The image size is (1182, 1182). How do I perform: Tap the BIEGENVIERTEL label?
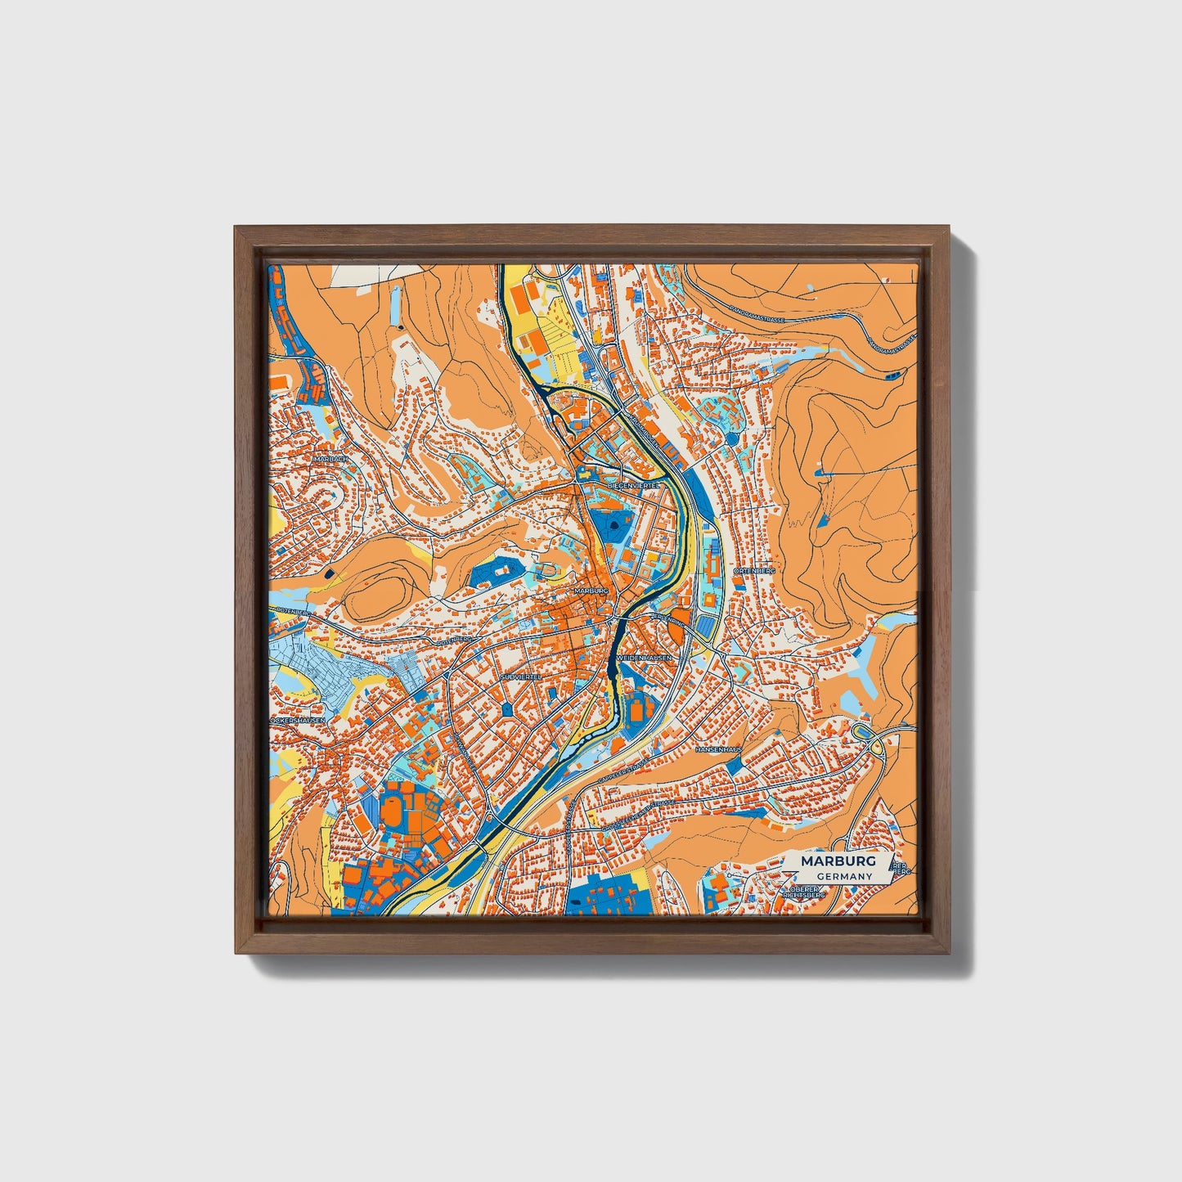click(x=633, y=485)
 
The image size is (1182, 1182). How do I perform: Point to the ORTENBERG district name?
click(x=753, y=569)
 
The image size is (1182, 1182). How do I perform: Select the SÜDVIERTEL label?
click(x=521, y=678)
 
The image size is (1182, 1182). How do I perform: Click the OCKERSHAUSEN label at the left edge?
click(x=298, y=720)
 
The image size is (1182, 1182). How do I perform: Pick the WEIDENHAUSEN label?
click(x=644, y=658)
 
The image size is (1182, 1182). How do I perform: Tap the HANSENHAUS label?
click(x=718, y=749)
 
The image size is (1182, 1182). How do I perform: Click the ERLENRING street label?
click(x=668, y=620)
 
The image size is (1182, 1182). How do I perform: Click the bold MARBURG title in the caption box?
click(x=838, y=861)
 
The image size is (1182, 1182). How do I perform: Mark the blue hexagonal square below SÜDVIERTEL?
click(x=508, y=708)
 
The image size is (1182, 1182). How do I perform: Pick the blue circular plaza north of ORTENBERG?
click(x=730, y=438)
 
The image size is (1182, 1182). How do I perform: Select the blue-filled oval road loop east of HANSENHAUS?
click(x=862, y=730)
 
